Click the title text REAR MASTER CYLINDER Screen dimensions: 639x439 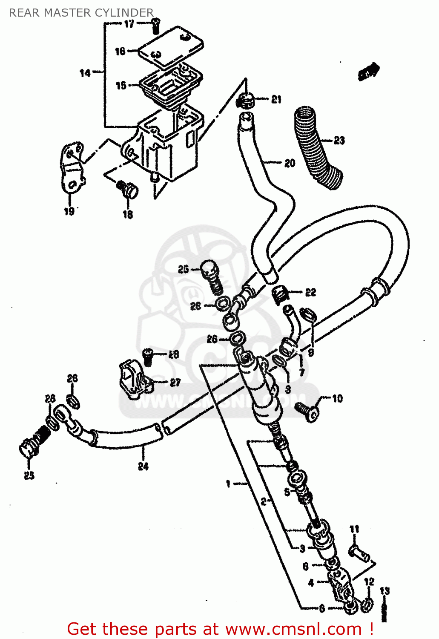tap(81, 13)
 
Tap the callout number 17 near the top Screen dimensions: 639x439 tap(129, 24)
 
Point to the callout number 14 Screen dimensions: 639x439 tap(85, 73)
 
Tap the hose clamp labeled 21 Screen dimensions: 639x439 tap(246, 101)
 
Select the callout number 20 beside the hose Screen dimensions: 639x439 tap(290, 163)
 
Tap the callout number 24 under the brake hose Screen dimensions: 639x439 tap(143, 466)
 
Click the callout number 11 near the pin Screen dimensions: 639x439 tap(354, 529)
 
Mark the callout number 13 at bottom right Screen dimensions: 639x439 tap(384, 591)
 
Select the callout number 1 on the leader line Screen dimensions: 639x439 tap(228, 484)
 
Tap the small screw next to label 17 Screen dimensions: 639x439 tap(155, 26)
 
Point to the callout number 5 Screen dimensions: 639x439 tap(287, 492)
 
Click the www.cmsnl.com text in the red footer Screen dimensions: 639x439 tap(293, 629)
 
